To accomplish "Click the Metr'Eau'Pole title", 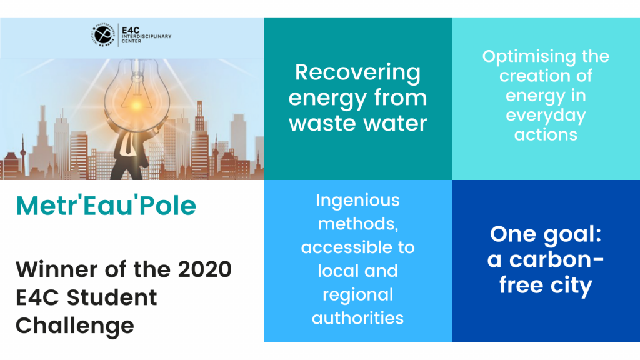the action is point(106,205).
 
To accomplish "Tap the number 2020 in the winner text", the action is point(205,269).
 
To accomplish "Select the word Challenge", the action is point(75,326).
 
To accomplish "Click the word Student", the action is point(112,297).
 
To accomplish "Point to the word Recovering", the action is point(357,72).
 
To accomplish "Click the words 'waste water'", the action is point(357,123).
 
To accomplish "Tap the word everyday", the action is point(546,116).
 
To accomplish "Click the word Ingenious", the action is point(357,201).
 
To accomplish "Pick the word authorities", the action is point(357,318).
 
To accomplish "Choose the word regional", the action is point(357,296).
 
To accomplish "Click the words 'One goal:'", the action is point(546,235).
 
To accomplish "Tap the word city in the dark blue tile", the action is point(571,285).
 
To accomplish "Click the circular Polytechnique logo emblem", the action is point(103,35).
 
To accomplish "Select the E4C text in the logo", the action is point(131,30).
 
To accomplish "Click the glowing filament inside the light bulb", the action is point(136,104).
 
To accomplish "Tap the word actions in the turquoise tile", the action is point(546,135).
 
